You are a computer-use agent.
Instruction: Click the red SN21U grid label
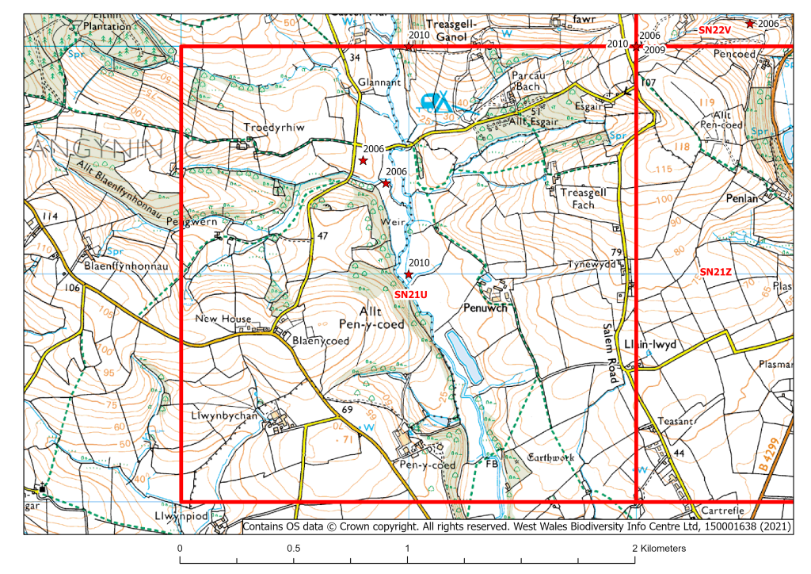411,294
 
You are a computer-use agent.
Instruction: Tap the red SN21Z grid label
715,272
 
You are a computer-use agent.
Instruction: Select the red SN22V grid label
714,29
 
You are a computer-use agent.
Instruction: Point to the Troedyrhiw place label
274,127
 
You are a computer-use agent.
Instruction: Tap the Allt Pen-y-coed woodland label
371,317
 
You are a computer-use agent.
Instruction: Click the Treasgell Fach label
583,198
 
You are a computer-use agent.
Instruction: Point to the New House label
224,319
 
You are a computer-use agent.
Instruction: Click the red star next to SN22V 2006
749,24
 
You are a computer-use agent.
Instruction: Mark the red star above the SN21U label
408,274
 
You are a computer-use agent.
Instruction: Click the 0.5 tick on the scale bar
294,549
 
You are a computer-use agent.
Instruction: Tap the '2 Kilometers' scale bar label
659,549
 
